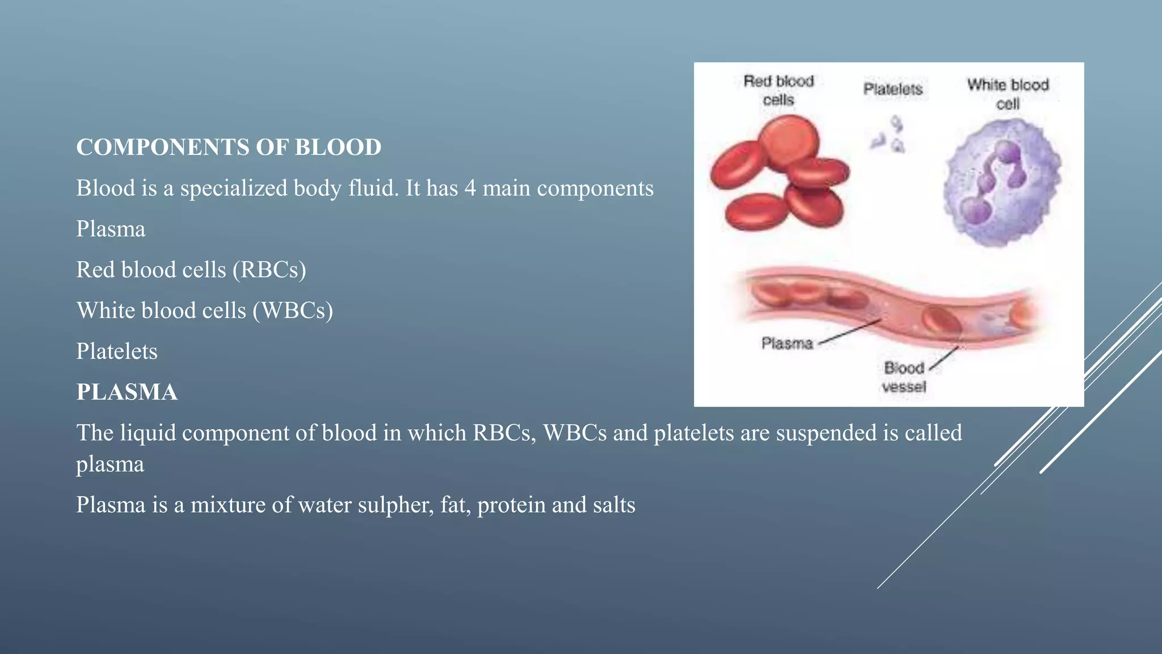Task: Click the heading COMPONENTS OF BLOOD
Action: coord(229,147)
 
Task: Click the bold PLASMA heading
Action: coord(127,392)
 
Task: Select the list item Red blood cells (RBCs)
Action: coord(191,270)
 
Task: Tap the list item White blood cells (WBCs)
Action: coord(205,311)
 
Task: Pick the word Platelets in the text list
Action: coord(117,351)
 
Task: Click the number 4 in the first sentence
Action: coord(470,188)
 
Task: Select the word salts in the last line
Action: coord(614,505)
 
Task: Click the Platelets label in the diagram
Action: coord(893,89)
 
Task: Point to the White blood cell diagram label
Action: coord(1008,94)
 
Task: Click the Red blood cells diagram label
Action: coord(778,90)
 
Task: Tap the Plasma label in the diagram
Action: coord(787,343)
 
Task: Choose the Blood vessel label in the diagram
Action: coord(904,377)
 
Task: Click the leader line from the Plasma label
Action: coord(850,332)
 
